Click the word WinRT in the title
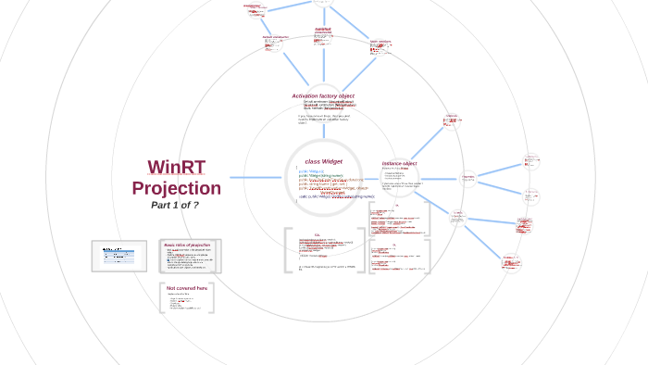point(176,168)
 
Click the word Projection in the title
point(176,188)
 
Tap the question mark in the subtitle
point(195,205)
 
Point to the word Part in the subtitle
point(161,205)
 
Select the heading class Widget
point(324,161)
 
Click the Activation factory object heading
point(323,95)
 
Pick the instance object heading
point(399,163)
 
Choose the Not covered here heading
point(187,288)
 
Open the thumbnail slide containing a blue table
point(118,255)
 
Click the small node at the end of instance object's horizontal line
point(468,177)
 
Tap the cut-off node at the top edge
point(323,3)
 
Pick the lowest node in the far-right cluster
point(511,263)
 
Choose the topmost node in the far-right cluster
point(531,160)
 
